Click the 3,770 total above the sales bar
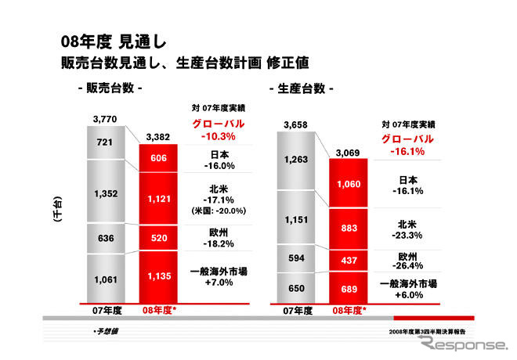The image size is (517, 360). pos(104,119)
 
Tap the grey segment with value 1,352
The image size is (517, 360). pos(104,193)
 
